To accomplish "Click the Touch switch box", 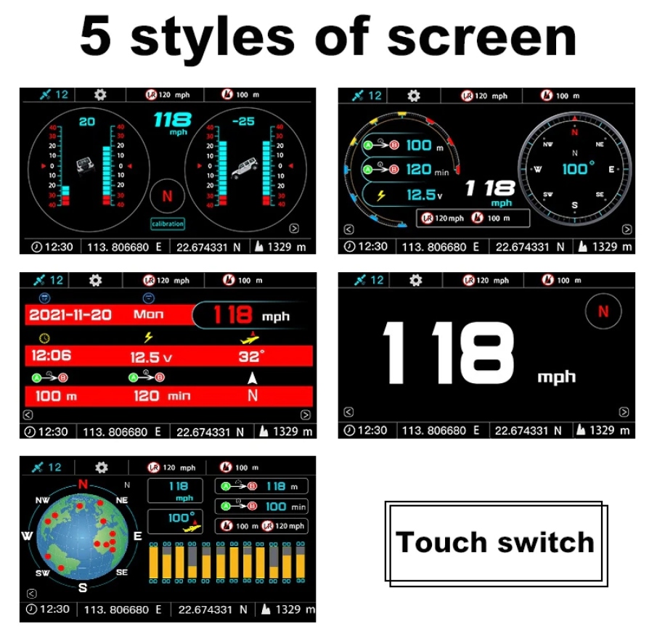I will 495,543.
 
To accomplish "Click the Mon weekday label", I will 148,315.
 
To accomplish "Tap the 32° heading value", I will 250,356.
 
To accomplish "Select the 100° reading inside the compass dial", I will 578,168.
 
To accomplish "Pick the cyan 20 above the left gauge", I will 87,122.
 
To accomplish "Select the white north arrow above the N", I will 252,378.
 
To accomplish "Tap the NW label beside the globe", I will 43,500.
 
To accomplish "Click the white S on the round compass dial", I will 575,205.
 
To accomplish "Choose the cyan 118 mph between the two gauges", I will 172,122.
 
